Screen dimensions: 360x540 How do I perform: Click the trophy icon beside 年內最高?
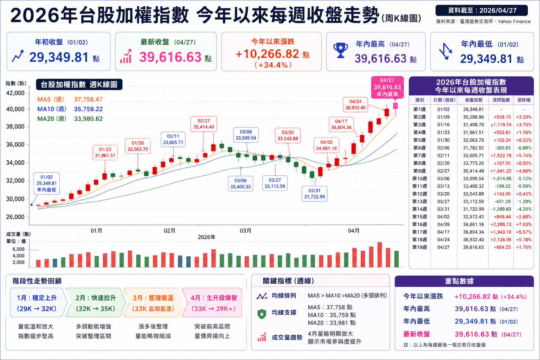340,51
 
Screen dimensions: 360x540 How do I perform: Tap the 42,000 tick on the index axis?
15,93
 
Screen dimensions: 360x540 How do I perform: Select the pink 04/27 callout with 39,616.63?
387,87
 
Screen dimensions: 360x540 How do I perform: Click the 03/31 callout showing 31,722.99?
314,194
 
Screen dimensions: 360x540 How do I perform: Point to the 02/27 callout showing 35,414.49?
204,124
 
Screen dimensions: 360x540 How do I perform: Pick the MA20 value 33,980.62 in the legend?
88,119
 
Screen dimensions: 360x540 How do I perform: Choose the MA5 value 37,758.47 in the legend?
88,99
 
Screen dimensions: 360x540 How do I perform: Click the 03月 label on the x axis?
245,231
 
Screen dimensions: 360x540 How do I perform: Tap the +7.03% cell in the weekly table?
523,224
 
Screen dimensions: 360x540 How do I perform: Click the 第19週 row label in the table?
419,247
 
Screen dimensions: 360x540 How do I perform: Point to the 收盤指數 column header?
474,100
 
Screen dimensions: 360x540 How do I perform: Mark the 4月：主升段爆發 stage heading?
214,298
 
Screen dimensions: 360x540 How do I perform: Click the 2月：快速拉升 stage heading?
96,298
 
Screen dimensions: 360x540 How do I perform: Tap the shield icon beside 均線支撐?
262,314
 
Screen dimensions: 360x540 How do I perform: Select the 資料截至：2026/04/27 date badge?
482,11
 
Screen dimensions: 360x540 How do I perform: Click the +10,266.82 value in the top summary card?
267,54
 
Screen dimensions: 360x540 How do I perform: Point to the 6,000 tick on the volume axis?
19,249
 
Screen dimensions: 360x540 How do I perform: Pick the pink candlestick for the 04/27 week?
396,106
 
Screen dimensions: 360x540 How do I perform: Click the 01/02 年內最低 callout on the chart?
46,183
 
